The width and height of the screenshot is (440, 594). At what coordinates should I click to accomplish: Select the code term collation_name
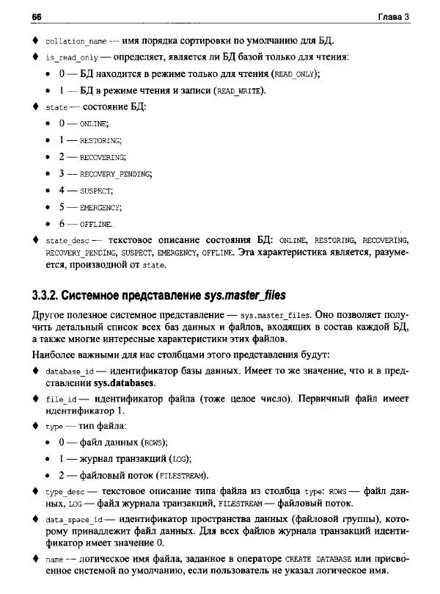point(76,41)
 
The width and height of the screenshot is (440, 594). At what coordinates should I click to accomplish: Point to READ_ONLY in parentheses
point(296,75)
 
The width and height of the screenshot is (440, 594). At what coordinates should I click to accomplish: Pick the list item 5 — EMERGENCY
point(82,208)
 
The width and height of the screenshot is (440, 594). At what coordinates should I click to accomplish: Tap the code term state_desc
point(67,241)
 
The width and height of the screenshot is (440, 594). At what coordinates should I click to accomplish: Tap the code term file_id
point(62,399)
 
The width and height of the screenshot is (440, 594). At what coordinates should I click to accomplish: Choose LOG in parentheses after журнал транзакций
point(180,459)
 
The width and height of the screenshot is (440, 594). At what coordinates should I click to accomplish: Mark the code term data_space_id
point(74,519)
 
